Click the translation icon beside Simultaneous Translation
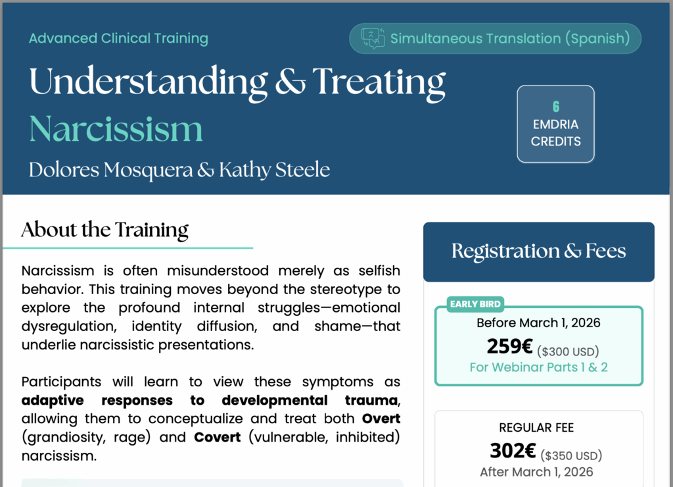[373, 38]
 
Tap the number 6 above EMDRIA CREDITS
[556, 107]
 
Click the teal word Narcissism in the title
[116, 129]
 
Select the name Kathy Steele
[275, 170]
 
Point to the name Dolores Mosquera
[110, 170]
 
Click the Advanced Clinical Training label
[118, 38]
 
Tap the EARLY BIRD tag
[475, 304]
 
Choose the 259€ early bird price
[510, 346]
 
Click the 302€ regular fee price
[513, 451]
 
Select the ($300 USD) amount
[568, 351]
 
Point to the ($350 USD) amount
[571, 455]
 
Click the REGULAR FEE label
[536, 428]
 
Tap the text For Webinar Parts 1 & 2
[539, 367]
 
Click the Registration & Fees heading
[539, 251]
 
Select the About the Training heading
[104, 230]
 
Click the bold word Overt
[381, 419]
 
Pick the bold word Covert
[217, 437]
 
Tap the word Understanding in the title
[149, 82]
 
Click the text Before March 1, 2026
[538, 323]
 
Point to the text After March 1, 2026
[536, 472]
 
